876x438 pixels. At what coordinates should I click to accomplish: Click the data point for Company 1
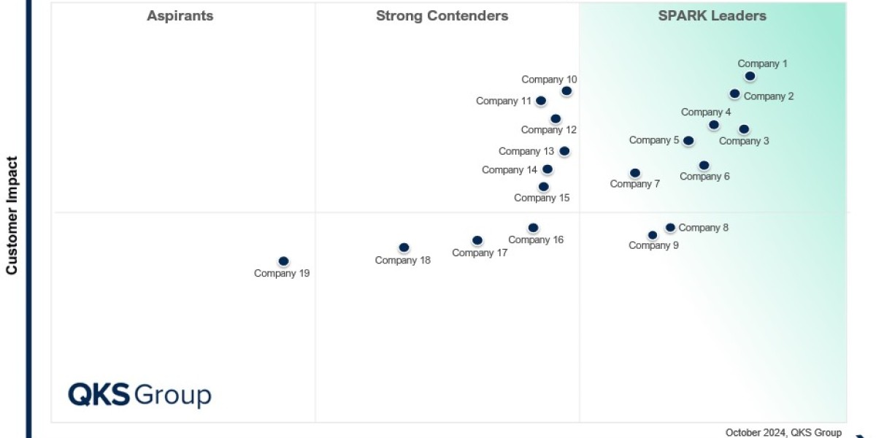[750, 76]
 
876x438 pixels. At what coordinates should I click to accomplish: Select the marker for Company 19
[283, 261]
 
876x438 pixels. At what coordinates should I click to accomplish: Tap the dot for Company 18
[404, 247]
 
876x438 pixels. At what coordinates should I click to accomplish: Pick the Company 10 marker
[566, 91]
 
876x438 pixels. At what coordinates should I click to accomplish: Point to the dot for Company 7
[635, 173]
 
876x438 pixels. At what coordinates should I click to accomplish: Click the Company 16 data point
[533, 228]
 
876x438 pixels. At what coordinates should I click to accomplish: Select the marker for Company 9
[653, 235]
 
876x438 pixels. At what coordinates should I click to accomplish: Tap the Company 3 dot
[744, 129]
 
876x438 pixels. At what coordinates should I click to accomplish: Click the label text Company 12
[548, 130]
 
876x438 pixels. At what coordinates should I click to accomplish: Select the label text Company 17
[480, 253]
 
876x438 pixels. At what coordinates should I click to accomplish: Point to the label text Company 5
[654, 140]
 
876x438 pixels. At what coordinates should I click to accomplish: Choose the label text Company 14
[510, 170]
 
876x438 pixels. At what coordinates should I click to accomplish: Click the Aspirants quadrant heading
[180, 16]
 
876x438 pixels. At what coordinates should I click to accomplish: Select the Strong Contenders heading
[442, 16]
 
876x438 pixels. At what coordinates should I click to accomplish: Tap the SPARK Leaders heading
[712, 16]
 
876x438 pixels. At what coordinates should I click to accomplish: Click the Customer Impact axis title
[12, 215]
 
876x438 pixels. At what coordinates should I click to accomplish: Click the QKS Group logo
[139, 395]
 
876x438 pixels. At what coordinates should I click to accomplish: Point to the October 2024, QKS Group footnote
[783, 432]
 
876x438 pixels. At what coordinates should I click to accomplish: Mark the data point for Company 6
[704, 166]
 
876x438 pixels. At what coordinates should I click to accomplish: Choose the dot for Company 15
[543, 187]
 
